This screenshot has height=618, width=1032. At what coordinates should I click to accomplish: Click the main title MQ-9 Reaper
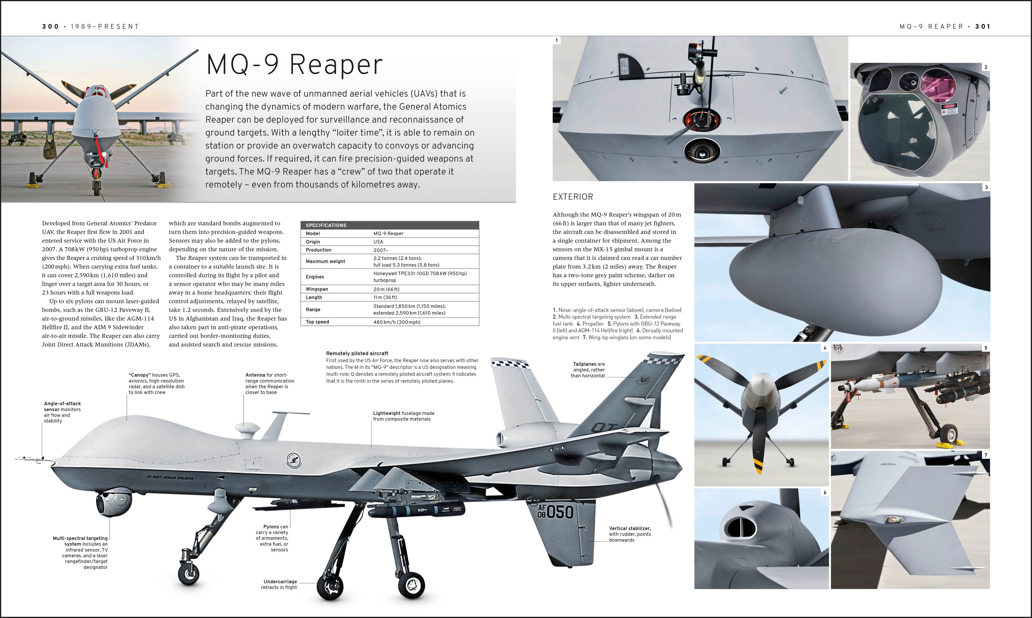point(294,65)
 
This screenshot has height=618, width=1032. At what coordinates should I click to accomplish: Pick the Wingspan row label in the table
point(317,289)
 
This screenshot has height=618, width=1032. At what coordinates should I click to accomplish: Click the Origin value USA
point(378,242)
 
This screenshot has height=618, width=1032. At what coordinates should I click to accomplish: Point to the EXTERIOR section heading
point(573,197)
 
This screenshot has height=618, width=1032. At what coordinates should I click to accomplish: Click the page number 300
point(50,26)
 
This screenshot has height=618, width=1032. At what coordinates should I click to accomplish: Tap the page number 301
point(983,26)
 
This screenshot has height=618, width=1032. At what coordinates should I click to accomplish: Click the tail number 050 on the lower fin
point(560,511)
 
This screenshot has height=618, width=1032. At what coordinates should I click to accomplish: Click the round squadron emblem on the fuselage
point(294,461)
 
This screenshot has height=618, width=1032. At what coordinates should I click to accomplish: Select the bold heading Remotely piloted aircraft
point(357,353)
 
